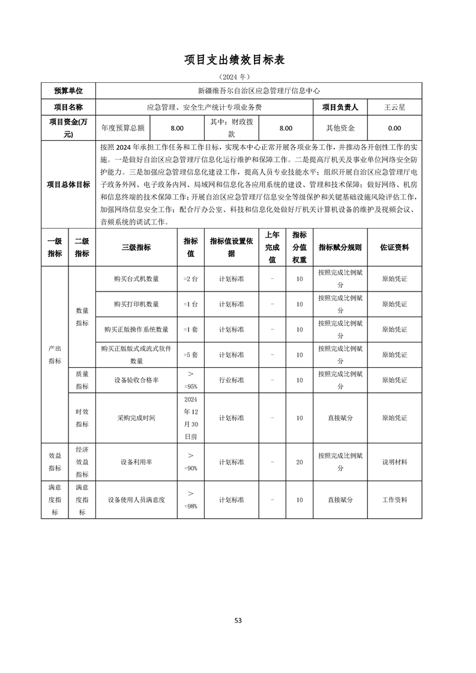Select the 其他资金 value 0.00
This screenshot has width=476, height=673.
(x=394, y=128)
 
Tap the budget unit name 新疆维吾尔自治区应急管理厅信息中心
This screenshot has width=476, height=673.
(x=259, y=91)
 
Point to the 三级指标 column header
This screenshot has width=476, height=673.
(x=136, y=247)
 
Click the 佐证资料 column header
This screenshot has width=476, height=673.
(x=394, y=247)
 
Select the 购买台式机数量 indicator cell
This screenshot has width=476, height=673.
(x=136, y=279)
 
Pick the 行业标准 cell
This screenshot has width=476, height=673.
(x=231, y=380)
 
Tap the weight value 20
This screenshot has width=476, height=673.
(x=300, y=462)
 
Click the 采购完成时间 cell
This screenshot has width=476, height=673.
(x=136, y=417)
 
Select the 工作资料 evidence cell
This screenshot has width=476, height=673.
(x=394, y=500)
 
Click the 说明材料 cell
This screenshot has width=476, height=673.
(x=394, y=462)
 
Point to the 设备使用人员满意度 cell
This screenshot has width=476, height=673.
(x=136, y=500)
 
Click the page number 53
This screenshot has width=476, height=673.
(x=238, y=620)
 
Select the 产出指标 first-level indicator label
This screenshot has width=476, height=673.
(x=55, y=354)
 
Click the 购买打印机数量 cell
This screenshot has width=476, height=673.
(x=136, y=304)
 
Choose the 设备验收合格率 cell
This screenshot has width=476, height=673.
(x=136, y=380)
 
